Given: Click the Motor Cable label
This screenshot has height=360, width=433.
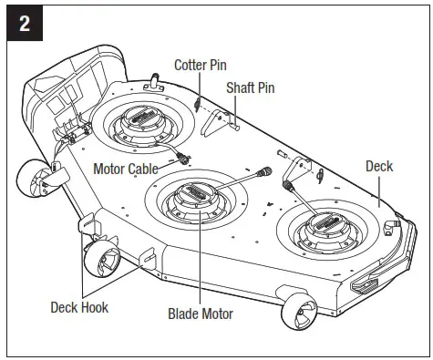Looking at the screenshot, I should pos(126,169).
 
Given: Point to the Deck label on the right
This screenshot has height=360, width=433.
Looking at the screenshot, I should pos(379,167).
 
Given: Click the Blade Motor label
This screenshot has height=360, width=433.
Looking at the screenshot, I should pos(200,314).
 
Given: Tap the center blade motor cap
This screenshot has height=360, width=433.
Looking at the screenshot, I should pos(199,193).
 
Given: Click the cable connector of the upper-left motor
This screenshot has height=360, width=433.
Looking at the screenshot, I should pos(187,158).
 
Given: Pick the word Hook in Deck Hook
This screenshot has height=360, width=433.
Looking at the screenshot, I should pos(93,307).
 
